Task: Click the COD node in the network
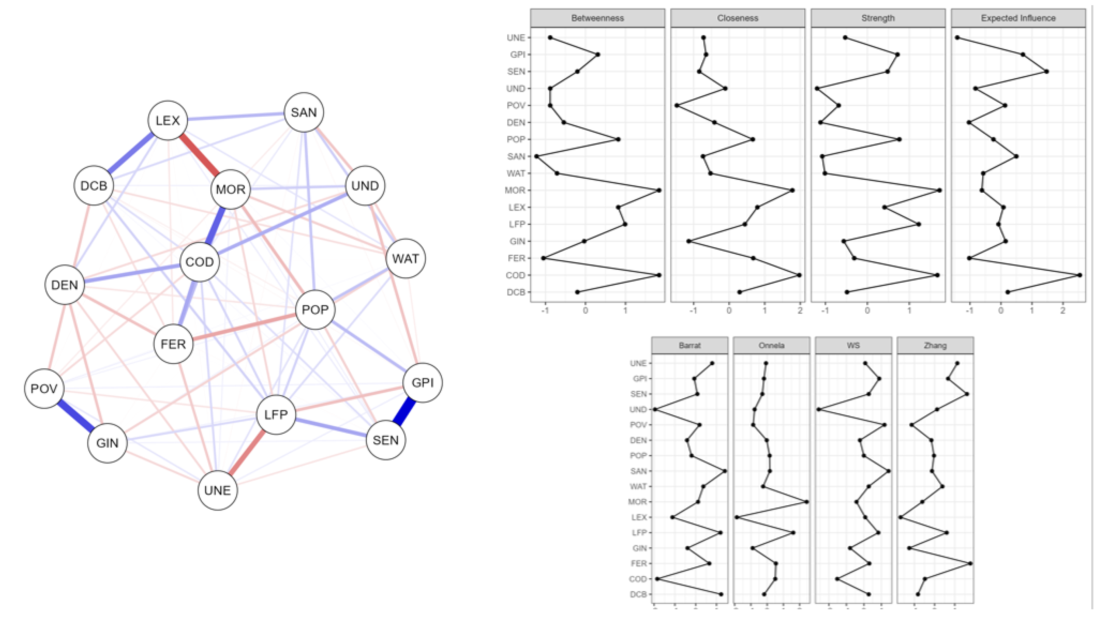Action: [199, 262]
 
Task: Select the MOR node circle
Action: [230, 190]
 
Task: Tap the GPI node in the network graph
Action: [422, 383]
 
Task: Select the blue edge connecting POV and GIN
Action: [76, 416]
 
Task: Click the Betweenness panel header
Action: [597, 18]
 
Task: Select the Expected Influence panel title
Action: [1018, 18]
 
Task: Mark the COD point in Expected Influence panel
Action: [1079, 275]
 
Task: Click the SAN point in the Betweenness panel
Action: [536, 156]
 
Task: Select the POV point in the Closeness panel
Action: [677, 105]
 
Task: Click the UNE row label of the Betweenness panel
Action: [515, 38]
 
